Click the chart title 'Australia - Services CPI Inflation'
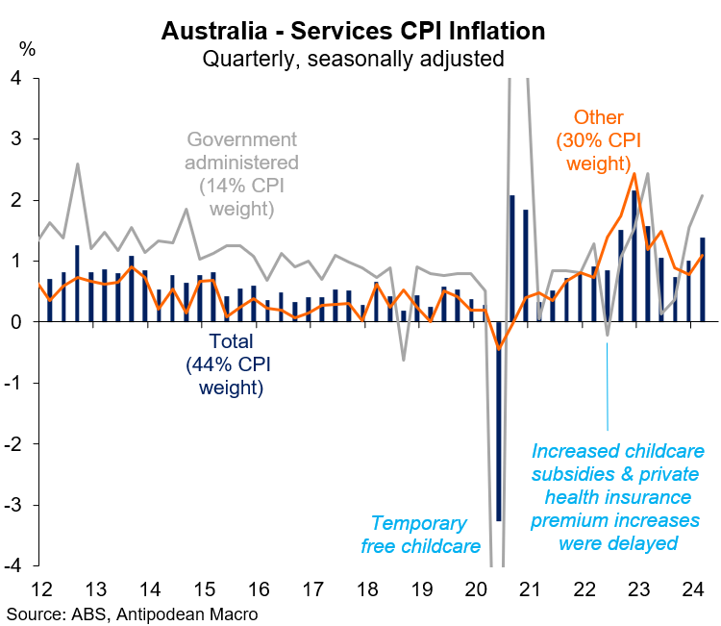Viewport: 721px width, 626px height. tap(353, 31)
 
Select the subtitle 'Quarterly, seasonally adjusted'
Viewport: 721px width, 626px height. tap(353, 58)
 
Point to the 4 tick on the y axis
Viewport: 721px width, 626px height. tap(16, 78)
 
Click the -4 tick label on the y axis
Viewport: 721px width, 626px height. tap(13, 565)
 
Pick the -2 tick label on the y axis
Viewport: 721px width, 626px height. tap(13, 444)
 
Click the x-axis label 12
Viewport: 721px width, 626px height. tap(41, 588)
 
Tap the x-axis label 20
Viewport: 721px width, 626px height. tap(478, 588)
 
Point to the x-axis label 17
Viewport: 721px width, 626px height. tap(314, 588)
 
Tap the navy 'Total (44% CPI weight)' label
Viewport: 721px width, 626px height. tap(231, 364)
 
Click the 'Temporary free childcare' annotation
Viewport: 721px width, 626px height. tap(419, 536)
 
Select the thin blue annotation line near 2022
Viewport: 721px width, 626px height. tap(608, 385)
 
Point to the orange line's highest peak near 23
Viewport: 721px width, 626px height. tap(634, 174)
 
